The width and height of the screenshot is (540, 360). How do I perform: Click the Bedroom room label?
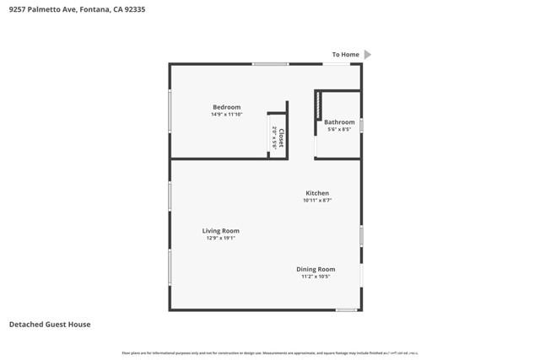pyautogui.click(x=226, y=107)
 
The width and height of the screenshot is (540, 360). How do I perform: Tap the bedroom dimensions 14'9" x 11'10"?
pyautogui.click(x=226, y=114)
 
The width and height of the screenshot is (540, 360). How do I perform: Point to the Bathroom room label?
pyautogui.click(x=339, y=122)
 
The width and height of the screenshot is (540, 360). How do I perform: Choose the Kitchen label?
pyautogui.click(x=317, y=193)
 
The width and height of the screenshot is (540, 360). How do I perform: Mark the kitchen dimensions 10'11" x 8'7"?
pyautogui.click(x=317, y=200)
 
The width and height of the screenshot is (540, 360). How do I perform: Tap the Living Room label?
pyautogui.click(x=220, y=231)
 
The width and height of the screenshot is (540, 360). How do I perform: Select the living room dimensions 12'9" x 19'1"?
pyautogui.click(x=220, y=238)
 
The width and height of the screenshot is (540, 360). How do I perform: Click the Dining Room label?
pyautogui.click(x=316, y=269)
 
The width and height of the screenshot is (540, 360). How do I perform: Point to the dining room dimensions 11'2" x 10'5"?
pyautogui.click(x=316, y=276)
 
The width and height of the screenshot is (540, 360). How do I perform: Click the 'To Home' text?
pyautogui.click(x=345, y=55)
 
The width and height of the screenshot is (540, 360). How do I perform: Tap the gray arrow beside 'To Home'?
pyautogui.click(x=367, y=55)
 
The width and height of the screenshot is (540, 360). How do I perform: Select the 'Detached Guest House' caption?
pyautogui.click(x=50, y=325)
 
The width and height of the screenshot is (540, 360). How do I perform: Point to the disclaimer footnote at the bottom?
pyautogui.click(x=270, y=352)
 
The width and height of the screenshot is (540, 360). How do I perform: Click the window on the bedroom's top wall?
pyautogui.click(x=270, y=64)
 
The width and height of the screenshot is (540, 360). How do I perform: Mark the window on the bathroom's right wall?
pyautogui.click(x=361, y=126)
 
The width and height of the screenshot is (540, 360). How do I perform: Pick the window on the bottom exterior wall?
pyautogui.click(x=346, y=310)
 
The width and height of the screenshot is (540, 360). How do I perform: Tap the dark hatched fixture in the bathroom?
pyautogui.click(x=318, y=105)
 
